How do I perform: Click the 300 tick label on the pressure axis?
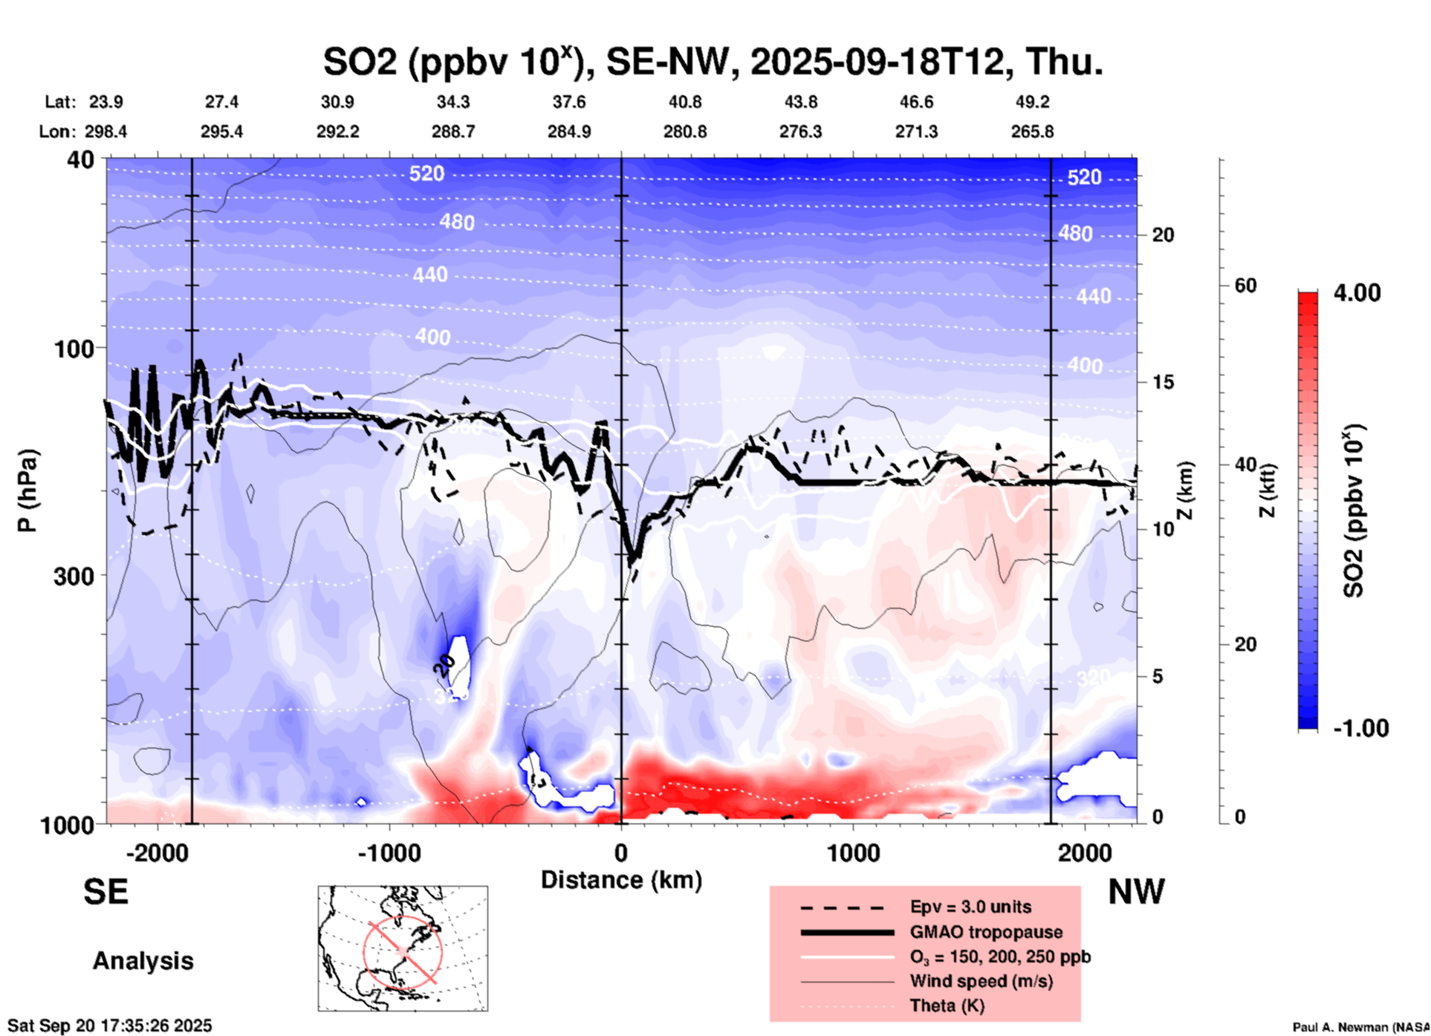(x=74, y=576)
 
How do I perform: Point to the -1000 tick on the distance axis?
(x=389, y=853)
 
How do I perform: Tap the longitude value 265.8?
(x=1032, y=132)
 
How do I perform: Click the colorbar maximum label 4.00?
(x=1357, y=293)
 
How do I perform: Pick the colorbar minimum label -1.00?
(x=1360, y=728)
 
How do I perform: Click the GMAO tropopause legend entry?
(x=986, y=932)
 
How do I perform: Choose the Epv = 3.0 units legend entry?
(x=970, y=907)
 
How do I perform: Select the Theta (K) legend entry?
(x=947, y=1006)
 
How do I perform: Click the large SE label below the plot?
(x=106, y=892)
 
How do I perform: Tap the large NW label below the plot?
(x=1136, y=892)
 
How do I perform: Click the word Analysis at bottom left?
(x=143, y=961)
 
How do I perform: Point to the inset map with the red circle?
(x=403, y=948)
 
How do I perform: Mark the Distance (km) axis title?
(x=621, y=880)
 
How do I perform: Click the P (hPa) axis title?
(x=27, y=491)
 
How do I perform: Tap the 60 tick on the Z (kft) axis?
(x=1245, y=285)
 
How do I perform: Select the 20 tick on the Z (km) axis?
(x=1163, y=235)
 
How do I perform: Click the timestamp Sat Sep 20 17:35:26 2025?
(x=109, y=1026)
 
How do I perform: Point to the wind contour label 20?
(x=444, y=665)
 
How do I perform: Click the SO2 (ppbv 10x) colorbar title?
(x=1355, y=511)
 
